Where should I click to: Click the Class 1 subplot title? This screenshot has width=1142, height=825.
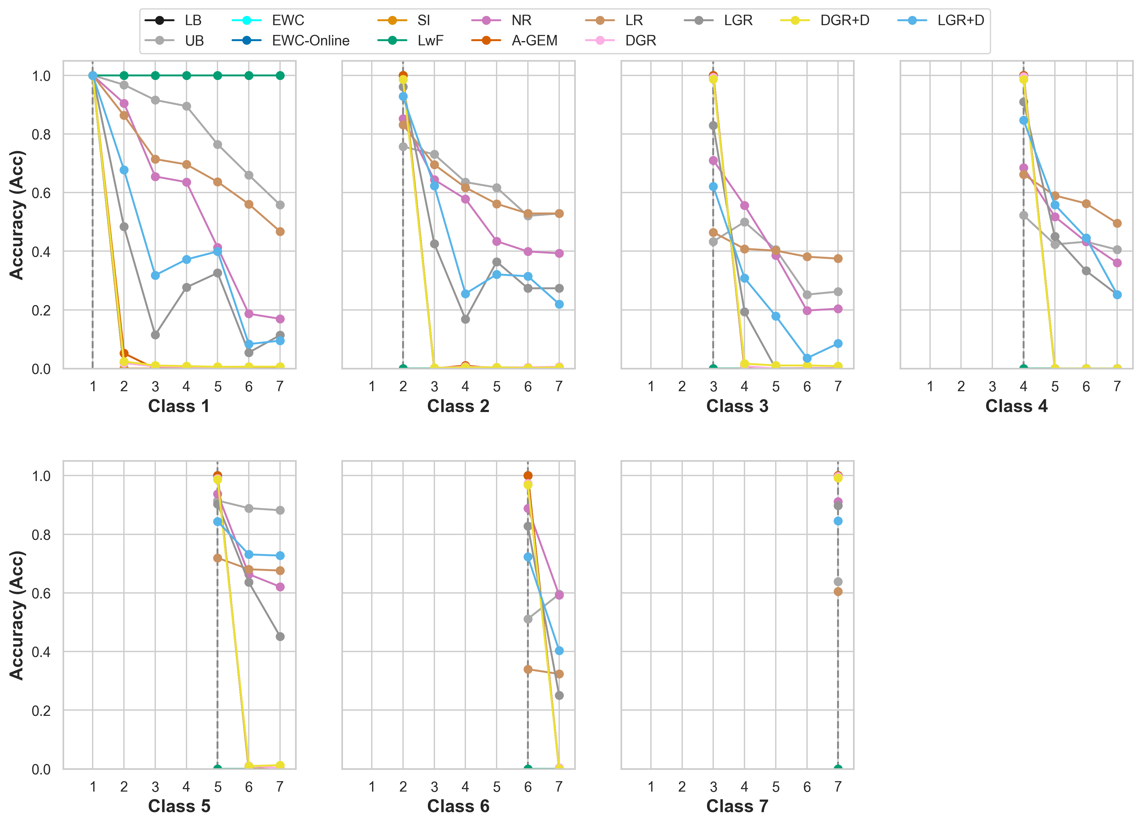(x=179, y=406)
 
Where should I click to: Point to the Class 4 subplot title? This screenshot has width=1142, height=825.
(x=1016, y=406)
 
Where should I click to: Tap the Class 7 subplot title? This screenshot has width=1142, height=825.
(x=737, y=806)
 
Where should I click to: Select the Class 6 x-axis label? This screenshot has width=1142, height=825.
(x=458, y=806)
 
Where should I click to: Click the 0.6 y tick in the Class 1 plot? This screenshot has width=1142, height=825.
(x=41, y=193)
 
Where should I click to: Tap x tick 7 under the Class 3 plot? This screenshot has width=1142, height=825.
(x=838, y=386)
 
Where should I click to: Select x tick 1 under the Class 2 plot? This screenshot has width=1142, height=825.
(x=371, y=386)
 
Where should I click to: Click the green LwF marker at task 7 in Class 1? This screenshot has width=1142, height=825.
(x=280, y=75)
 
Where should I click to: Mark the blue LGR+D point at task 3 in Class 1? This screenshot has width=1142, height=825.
(x=155, y=275)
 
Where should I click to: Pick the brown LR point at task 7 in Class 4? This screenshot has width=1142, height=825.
(x=1117, y=223)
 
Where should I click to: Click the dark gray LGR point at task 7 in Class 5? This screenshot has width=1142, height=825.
(x=280, y=637)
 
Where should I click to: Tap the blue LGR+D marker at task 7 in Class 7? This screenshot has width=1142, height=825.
(x=838, y=521)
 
